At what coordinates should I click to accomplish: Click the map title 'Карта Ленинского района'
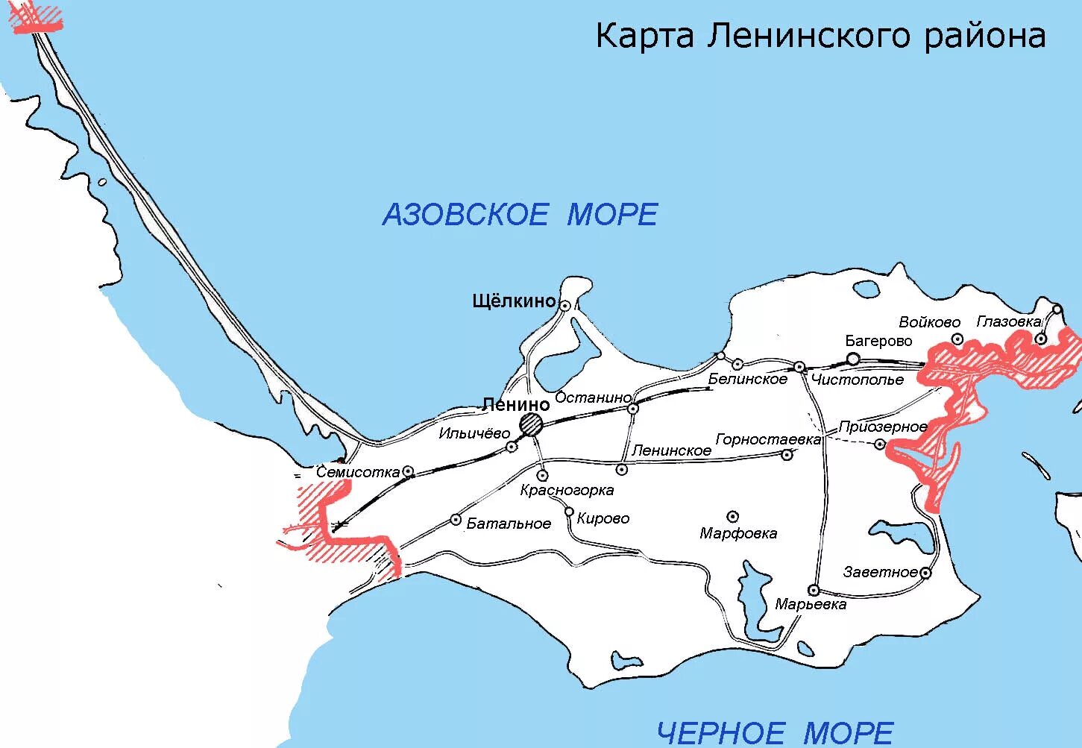coord(820,35)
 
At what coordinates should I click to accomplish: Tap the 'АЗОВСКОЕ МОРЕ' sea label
coord(520,215)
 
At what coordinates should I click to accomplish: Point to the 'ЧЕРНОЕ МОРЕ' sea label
coord(775,732)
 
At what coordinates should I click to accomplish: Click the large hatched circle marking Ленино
coord(532,424)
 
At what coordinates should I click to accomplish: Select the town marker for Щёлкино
coord(565,305)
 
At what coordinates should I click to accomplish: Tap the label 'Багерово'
coord(878,341)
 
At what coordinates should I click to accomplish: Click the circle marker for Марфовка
coord(733,516)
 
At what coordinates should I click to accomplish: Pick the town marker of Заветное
coord(925,573)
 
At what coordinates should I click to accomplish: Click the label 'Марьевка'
coord(811,604)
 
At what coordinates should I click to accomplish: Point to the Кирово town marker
coord(569,512)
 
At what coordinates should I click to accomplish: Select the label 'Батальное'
coord(509,524)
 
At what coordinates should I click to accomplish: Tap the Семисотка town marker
coord(408,471)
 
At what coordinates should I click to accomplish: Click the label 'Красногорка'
coord(567,490)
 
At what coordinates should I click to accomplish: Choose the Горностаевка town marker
coord(787,454)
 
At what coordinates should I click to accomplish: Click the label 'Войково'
coord(929,322)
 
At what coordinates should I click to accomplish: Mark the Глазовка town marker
coord(1041,339)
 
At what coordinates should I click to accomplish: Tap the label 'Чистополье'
coord(858,380)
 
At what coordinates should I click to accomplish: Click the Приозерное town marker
coord(880,444)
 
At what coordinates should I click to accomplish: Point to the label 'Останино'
coord(593,397)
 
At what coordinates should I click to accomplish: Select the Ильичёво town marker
coord(512,447)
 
